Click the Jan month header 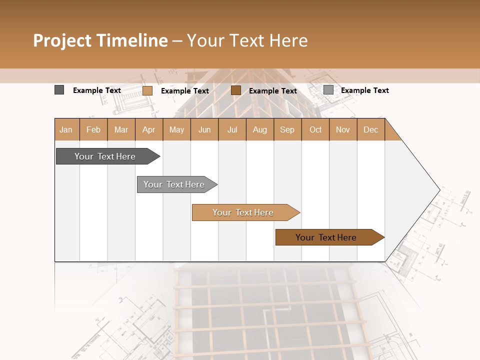click(x=66, y=129)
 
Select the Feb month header click(x=93, y=129)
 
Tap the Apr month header click(x=149, y=129)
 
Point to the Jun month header click(x=204, y=129)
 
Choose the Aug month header click(x=260, y=129)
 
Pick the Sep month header click(x=287, y=129)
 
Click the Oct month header click(x=315, y=129)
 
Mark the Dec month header click(x=371, y=129)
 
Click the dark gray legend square click(x=59, y=90)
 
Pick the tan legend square click(x=147, y=90)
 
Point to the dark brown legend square click(x=236, y=90)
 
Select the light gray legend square click(x=328, y=90)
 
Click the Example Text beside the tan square click(x=185, y=91)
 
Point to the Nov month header click(x=343, y=129)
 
